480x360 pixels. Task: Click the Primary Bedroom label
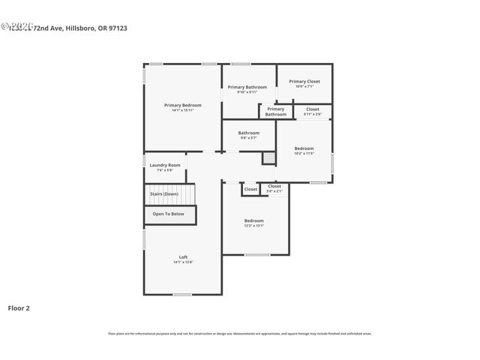182,105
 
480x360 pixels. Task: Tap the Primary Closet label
304,81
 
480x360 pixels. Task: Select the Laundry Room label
165,165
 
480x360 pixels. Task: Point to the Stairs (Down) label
164,194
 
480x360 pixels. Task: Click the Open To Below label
169,214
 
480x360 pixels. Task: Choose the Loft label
183,257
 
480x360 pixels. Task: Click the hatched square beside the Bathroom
268,158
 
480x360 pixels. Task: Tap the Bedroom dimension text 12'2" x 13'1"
254,226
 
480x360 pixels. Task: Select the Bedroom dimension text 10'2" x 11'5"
304,153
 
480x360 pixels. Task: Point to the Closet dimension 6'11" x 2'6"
313,114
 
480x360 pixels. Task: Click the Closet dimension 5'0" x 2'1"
274,191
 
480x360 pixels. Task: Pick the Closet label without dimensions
250,190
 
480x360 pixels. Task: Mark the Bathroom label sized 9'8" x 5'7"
249,133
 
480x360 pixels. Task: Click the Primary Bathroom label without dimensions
275,112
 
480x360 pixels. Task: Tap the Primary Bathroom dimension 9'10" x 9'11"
247,92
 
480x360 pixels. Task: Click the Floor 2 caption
19,307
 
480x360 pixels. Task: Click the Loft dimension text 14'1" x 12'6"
183,262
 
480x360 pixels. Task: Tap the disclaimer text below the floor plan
240,333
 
